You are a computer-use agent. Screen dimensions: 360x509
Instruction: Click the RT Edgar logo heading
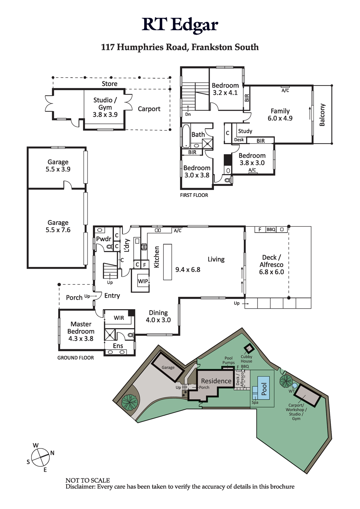[180, 25]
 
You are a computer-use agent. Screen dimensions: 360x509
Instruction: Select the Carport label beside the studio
[149, 109]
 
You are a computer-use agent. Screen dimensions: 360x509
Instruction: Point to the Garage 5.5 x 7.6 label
[58, 226]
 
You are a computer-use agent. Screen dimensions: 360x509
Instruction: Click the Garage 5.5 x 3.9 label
[58, 165]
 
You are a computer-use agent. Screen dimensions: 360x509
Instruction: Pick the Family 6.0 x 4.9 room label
[280, 115]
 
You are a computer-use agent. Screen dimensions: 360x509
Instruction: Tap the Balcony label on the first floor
[322, 115]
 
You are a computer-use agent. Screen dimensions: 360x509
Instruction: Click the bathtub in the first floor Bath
[186, 136]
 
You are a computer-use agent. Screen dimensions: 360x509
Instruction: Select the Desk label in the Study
[239, 140]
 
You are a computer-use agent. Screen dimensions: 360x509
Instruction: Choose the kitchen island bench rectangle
[167, 262]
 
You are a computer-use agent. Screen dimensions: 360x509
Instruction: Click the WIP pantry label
[143, 281]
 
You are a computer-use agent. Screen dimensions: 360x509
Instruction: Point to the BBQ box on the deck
[271, 229]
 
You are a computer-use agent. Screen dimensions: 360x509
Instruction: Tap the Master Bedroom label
[81, 331]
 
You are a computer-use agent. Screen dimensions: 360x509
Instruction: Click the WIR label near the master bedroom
[119, 318]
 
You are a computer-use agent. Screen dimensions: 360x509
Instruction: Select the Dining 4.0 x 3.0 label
[158, 316]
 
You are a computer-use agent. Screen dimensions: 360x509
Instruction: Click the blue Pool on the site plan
[263, 388]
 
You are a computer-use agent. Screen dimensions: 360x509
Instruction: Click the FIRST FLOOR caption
[194, 195]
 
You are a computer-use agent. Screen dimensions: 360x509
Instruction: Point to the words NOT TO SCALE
[88, 480]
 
